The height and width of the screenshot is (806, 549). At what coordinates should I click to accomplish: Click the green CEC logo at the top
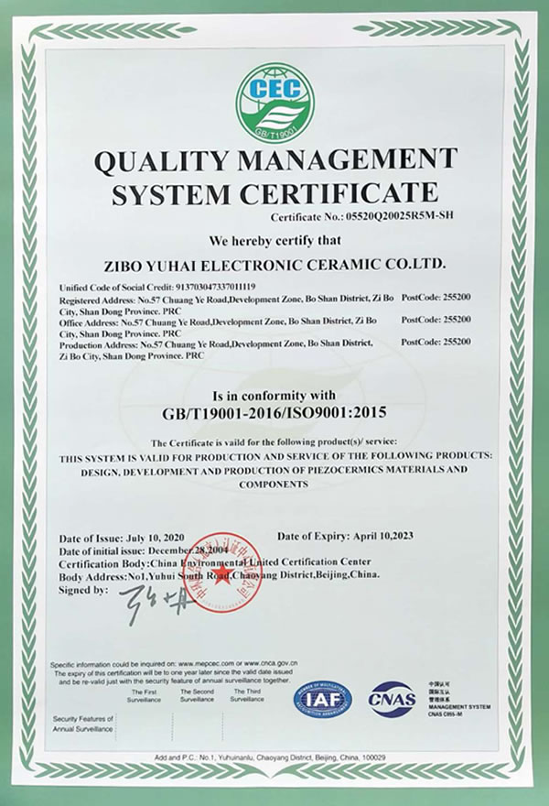[274, 100]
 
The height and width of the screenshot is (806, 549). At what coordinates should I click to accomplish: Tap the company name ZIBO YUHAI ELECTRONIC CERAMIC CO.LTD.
[274, 264]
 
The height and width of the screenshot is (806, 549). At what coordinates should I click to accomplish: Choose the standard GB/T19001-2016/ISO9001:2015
[274, 413]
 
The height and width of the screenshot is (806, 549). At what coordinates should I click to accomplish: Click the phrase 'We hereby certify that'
[274, 241]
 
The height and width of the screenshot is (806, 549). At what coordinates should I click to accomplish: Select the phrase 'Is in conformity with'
[274, 395]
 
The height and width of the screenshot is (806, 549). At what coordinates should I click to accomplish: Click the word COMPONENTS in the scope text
[274, 484]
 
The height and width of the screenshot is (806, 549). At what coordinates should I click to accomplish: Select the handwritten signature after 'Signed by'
[149, 604]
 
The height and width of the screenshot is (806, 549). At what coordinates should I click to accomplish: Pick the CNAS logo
[392, 700]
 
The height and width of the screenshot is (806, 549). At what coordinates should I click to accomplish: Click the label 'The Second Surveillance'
[196, 695]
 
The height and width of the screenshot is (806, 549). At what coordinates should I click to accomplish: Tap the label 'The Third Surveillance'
[246, 695]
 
